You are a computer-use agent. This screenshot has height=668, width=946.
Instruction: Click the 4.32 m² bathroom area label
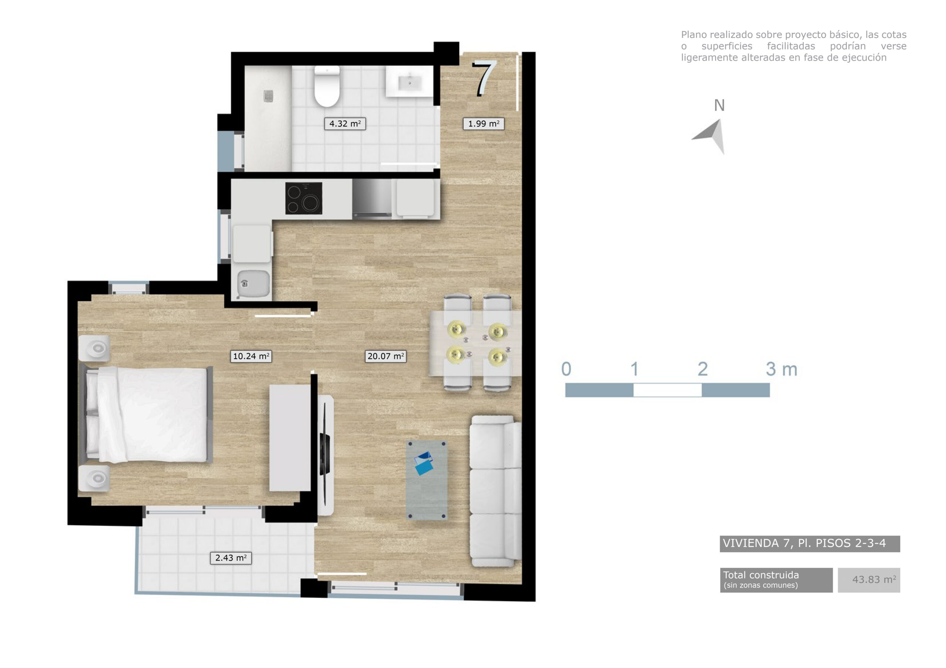(345, 124)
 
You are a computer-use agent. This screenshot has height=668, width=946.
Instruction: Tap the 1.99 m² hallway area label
(483, 124)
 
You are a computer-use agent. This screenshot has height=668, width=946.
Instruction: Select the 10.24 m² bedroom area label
(251, 356)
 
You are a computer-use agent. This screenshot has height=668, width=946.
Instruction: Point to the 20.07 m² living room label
(385, 356)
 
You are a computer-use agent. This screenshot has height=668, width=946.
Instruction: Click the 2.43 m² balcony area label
(231, 558)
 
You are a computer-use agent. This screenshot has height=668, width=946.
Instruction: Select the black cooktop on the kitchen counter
(304, 199)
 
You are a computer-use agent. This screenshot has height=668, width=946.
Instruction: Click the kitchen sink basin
(253, 283)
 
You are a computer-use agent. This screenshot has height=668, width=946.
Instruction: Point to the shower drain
(269, 96)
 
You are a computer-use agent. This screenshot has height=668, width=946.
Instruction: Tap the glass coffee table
(427, 480)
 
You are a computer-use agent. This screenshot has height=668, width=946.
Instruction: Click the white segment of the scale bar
(667, 390)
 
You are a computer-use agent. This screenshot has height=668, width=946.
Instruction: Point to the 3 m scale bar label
(781, 369)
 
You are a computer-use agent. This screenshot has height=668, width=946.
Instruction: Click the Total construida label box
(776, 579)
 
